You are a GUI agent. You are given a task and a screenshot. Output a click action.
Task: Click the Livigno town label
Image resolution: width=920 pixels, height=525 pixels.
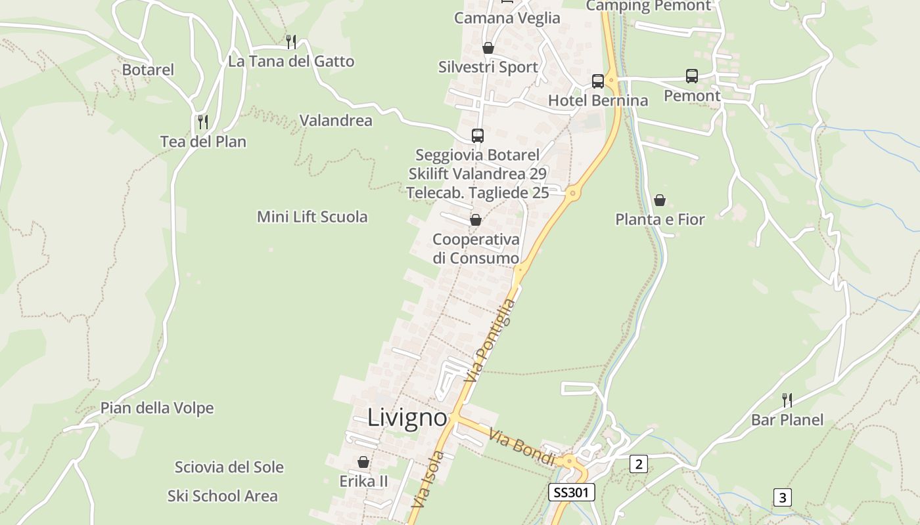click(x=407, y=417)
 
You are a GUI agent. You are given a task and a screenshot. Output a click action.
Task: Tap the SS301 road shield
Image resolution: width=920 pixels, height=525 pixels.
click(x=571, y=492)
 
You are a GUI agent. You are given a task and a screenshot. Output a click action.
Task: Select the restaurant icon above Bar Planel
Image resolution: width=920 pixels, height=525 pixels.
click(x=787, y=399)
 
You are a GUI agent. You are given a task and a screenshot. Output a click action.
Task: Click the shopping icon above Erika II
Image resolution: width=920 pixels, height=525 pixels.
click(x=363, y=462)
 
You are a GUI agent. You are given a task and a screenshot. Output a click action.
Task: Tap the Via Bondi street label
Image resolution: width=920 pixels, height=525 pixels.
click(x=523, y=446)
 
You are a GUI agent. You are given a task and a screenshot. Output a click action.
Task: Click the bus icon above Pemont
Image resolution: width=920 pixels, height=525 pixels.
click(x=692, y=76)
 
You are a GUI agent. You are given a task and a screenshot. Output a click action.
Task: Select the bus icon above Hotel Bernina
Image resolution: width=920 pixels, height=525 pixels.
click(x=598, y=81)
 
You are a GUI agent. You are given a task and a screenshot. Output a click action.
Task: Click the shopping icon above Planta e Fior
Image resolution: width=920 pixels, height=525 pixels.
click(x=660, y=200)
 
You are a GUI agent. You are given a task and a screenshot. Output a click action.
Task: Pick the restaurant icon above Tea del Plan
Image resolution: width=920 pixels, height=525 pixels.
click(x=203, y=121)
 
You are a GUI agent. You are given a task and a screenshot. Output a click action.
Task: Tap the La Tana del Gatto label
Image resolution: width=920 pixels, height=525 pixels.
click(x=291, y=62)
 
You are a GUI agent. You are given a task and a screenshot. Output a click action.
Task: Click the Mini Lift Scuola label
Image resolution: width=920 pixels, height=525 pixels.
click(x=312, y=217)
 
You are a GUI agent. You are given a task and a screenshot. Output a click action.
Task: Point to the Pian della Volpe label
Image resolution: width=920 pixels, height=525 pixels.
click(x=157, y=408)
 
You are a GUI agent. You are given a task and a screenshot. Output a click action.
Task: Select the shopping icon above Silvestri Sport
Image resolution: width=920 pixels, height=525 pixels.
click(x=488, y=48)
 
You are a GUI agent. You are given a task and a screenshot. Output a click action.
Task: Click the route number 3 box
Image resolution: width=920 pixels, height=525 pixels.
click(x=782, y=497)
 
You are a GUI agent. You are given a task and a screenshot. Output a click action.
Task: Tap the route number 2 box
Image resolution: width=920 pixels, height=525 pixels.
click(x=638, y=464)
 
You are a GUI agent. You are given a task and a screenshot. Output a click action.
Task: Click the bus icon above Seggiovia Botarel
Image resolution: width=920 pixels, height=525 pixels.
click(x=478, y=136)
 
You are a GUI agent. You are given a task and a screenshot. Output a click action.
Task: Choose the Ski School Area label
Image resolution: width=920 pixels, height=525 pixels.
click(x=223, y=496)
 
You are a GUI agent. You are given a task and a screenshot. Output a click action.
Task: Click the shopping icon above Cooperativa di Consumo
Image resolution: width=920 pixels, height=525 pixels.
click(x=476, y=220)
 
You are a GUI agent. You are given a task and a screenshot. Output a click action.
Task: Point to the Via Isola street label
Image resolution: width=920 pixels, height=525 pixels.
click(x=428, y=479)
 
